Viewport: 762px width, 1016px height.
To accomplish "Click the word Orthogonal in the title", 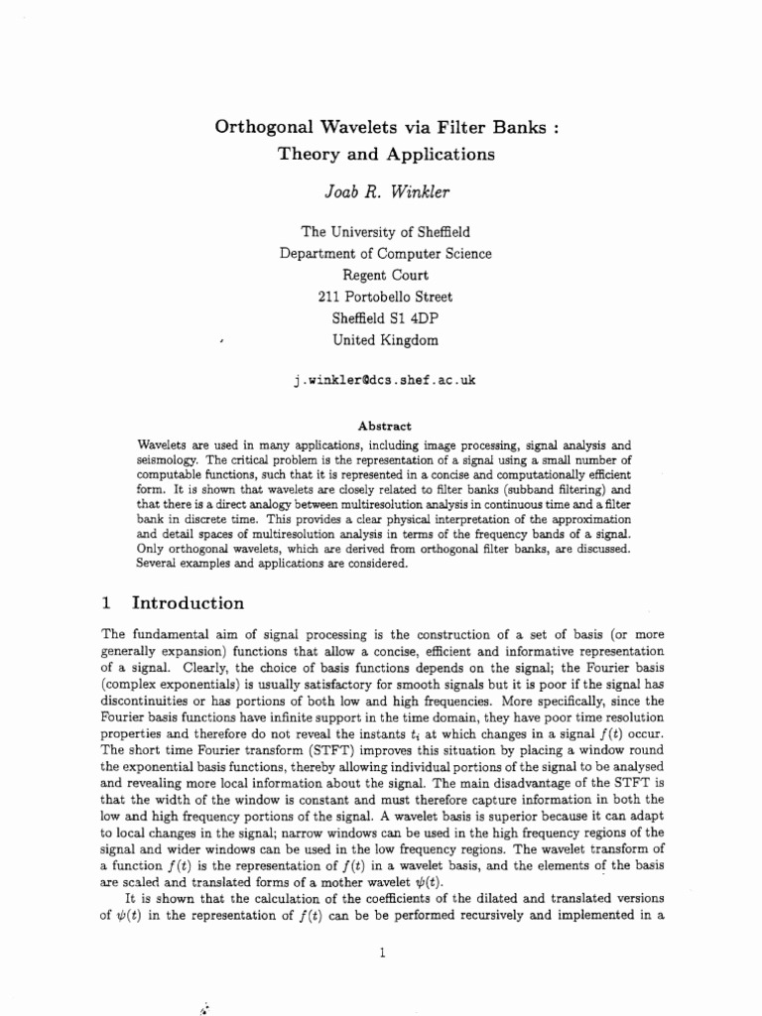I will (x=261, y=127).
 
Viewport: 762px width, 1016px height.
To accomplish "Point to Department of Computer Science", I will (x=385, y=253).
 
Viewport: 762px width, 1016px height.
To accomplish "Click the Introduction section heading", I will (x=189, y=603).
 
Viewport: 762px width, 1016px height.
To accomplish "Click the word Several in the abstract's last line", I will (x=159, y=564).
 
